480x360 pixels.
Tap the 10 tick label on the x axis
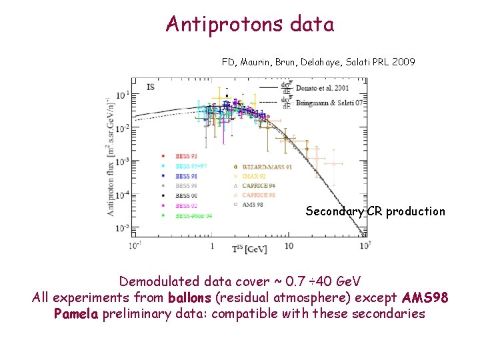[289, 245]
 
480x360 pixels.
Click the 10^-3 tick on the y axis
[123, 161]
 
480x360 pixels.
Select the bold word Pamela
[76, 313]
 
